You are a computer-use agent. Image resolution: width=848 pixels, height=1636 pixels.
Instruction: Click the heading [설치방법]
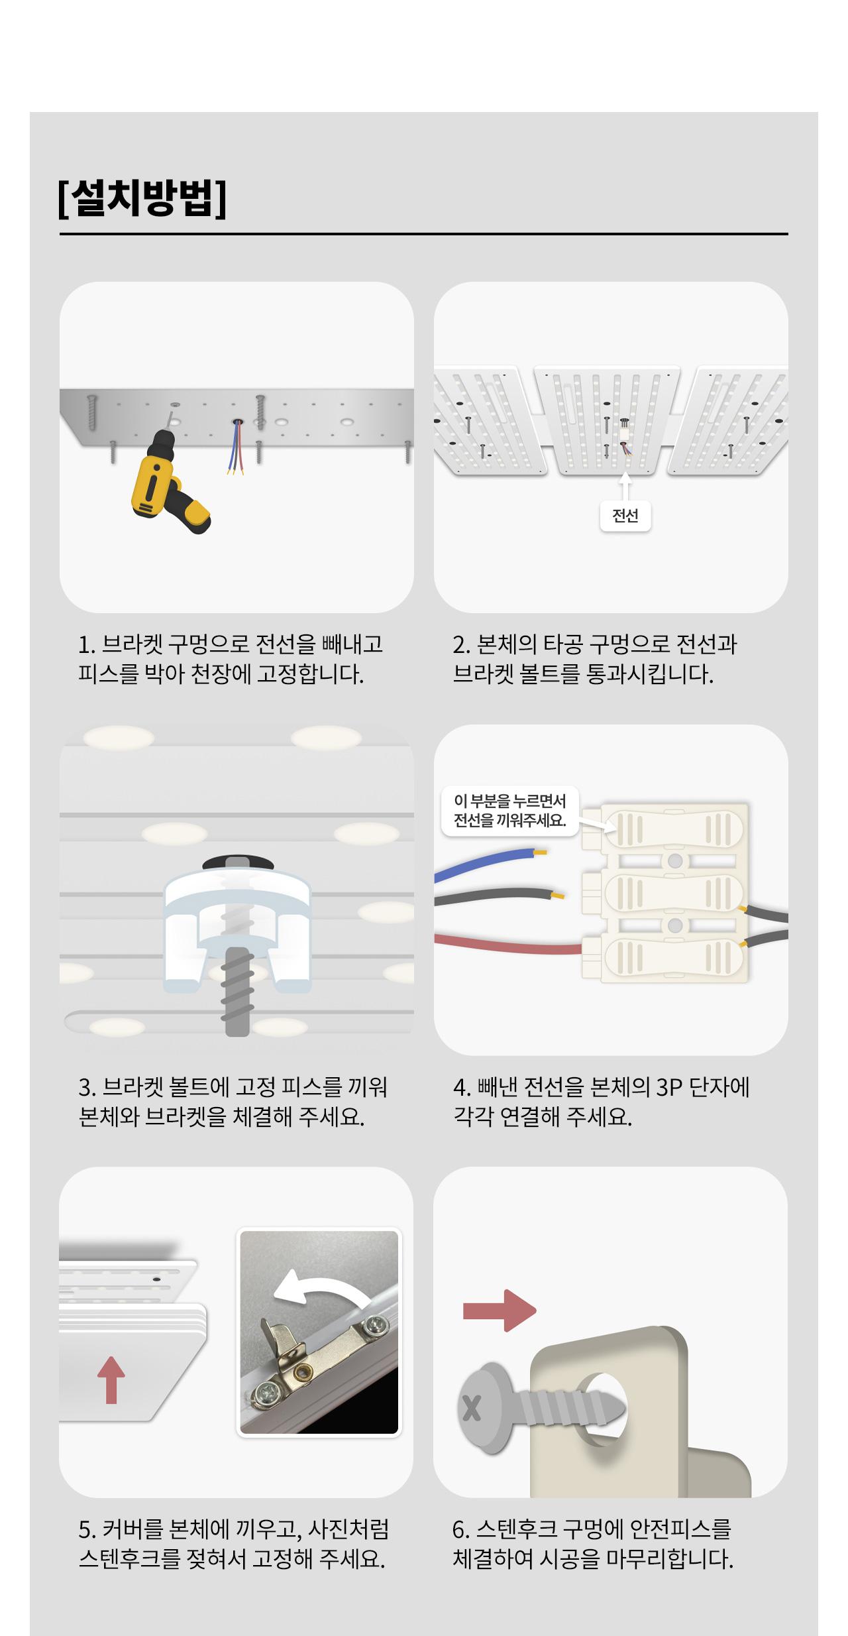pos(142,198)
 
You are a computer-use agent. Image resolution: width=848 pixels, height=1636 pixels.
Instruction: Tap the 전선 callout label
pos(625,516)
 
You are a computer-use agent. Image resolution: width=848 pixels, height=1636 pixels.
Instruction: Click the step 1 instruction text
pos(231,659)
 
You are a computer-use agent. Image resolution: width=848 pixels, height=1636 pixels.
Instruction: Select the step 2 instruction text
pos(594,659)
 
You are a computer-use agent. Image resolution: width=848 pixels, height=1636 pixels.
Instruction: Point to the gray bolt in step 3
pos(237,991)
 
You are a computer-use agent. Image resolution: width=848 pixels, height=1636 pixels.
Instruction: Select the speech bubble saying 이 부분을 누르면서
pos(509,811)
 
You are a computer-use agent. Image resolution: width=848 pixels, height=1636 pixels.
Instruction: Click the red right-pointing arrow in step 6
pos(499,1311)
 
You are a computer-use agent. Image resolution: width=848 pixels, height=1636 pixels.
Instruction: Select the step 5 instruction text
pos(233,1544)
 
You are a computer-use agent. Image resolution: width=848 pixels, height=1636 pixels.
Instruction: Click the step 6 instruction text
pos(593,1544)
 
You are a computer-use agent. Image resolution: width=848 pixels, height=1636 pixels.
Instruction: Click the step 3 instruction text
pos(233,1102)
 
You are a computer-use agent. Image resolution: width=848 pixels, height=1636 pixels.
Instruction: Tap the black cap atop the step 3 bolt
pos(238,862)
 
